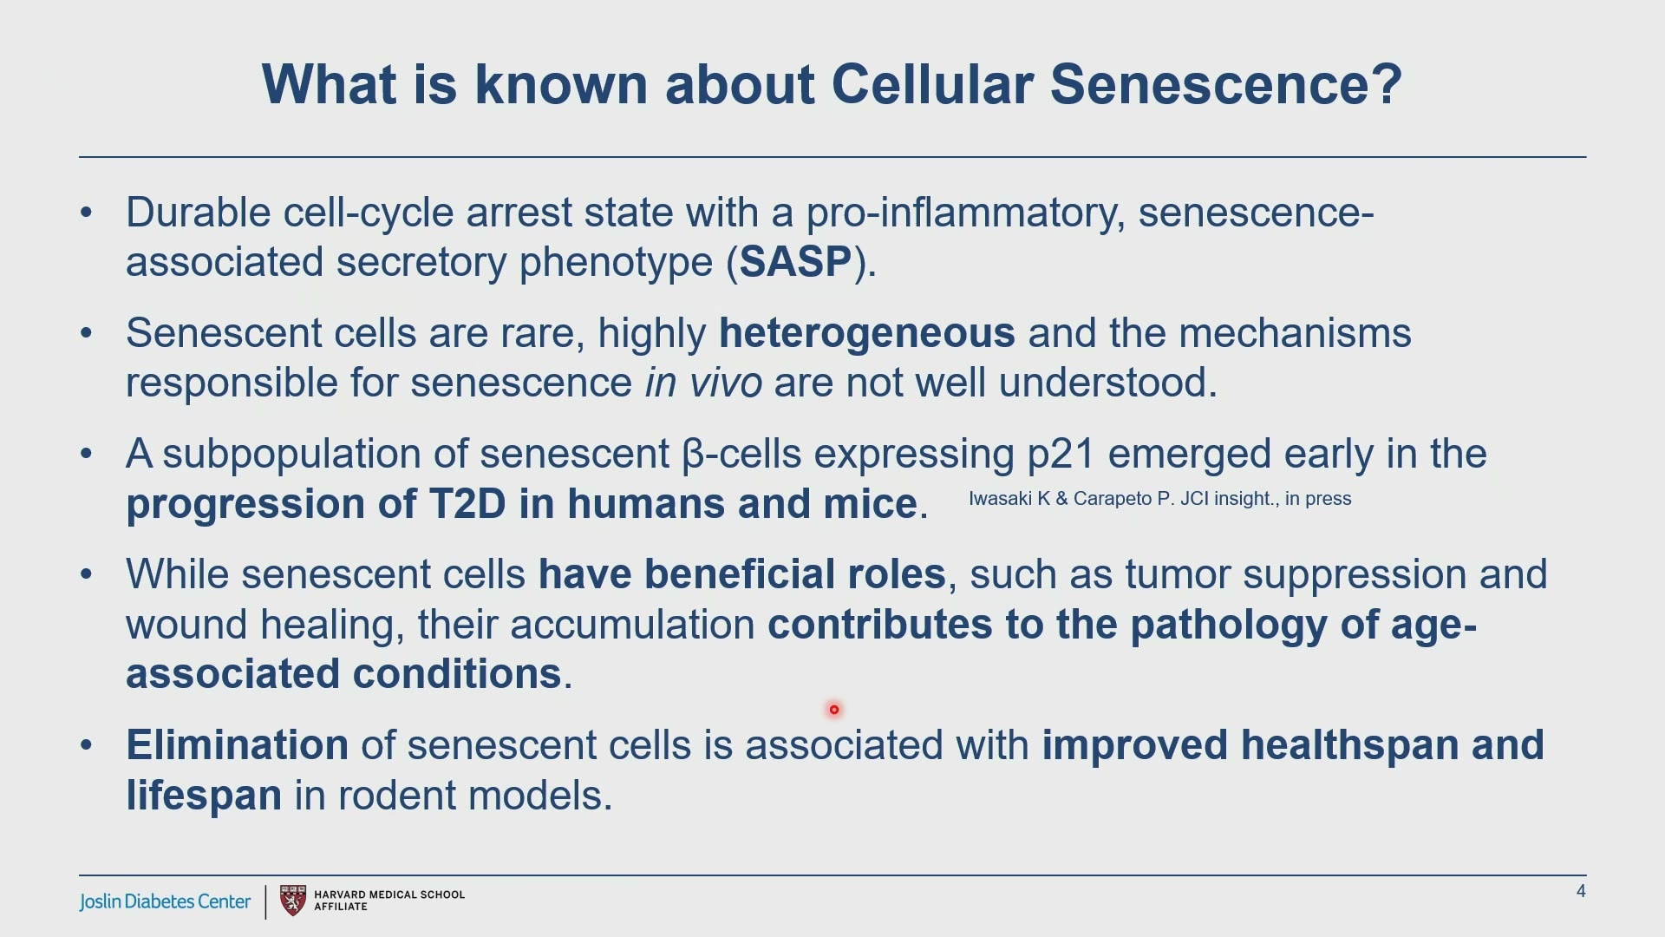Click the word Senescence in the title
coord(1225,84)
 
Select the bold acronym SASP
coord(795,262)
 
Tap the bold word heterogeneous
coord(866,333)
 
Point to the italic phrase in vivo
coord(703,383)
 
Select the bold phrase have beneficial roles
coord(741,574)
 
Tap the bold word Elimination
coord(237,745)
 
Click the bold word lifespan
coord(204,796)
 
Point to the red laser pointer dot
coord(834,710)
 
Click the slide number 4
coord(1581,892)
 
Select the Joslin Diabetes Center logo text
coord(165,901)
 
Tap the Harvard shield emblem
coord(293,901)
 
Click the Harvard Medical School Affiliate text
coord(389,901)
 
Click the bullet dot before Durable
coord(86,213)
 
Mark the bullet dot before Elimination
coord(86,746)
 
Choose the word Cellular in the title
coord(932,84)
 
